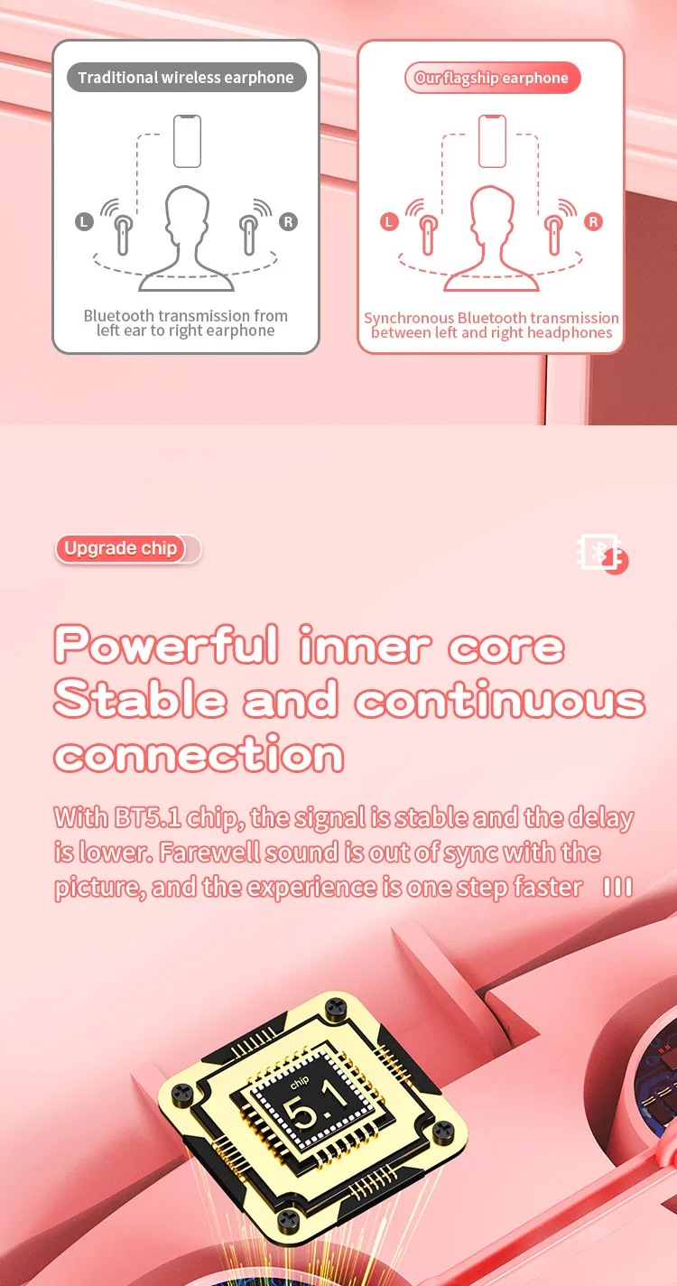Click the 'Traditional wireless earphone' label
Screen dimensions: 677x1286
[x=187, y=77]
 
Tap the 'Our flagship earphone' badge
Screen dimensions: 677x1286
[x=492, y=78]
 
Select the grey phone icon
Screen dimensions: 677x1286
[x=187, y=141]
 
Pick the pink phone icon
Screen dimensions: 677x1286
[x=492, y=141]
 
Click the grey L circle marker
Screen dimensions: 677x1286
[x=84, y=221]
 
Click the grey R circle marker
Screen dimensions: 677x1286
[x=288, y=221]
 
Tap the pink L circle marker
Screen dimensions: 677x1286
[x=390, y=221]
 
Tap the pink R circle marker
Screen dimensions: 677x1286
[x=593, y=221]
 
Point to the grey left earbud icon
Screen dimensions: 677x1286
[x=123, y=234]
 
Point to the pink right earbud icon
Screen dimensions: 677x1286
[x=553, y=234]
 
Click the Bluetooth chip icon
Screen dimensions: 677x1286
[x=601, y=554]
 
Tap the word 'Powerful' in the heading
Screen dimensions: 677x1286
[x=166, y=644]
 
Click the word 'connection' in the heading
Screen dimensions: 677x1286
[x=199, y=753]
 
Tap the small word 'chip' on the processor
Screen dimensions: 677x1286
[x=300, y=1082]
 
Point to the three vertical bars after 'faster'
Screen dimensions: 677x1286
[x=618, y=887]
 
